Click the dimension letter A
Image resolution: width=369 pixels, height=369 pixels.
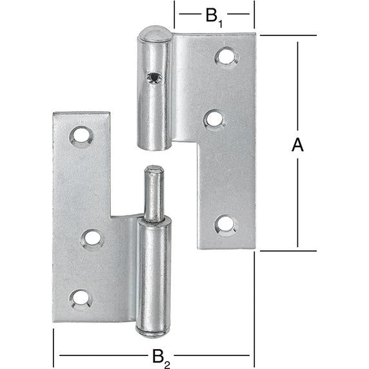(297, 146)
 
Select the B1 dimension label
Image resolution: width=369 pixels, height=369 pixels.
(214, 15)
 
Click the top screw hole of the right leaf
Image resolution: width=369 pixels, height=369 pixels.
(225, 56)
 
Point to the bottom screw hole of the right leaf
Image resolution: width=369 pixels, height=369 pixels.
(225, 224)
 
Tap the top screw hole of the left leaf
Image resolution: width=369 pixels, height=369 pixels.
(81, 135)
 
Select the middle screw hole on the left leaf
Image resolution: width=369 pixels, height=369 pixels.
(92, 238)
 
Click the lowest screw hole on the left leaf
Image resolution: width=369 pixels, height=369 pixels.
(80, 297)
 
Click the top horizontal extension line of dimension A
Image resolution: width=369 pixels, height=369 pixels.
(287, 35)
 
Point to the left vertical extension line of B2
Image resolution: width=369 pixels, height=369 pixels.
(53, 345)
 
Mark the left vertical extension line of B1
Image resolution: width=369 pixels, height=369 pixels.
(174, 16)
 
